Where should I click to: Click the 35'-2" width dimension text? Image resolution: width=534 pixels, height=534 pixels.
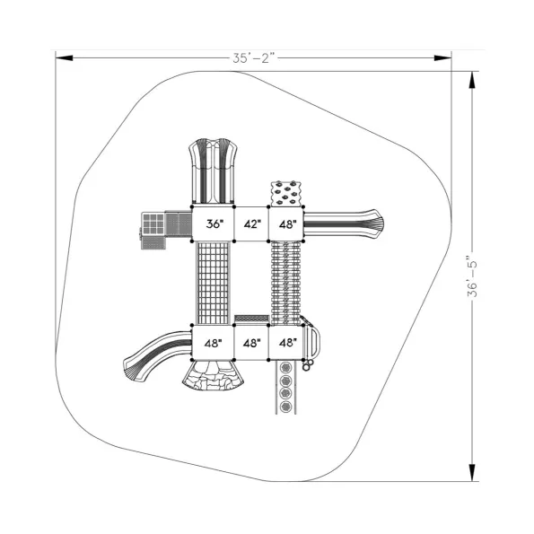click(x=254, y=58)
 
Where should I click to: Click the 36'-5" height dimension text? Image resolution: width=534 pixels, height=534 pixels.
click(x=472, y=276)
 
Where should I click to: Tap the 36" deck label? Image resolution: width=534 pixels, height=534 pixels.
click(x=214, y=224)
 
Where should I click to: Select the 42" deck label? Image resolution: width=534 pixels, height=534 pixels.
click(x=252, y=224)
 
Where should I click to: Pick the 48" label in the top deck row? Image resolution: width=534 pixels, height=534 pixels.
click(x=288, y=224)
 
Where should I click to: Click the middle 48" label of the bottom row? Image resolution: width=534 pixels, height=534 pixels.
click(x=252, y=343)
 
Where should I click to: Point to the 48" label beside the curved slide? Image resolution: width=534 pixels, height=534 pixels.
click(x=214, y=343)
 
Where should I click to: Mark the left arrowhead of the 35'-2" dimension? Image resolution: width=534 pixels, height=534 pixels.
click(x=64, y=58)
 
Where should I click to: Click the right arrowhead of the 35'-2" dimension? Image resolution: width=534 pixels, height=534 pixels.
click(x=442, y=58)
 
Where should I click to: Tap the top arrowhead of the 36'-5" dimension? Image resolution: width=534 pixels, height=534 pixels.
click(x=472, y=81)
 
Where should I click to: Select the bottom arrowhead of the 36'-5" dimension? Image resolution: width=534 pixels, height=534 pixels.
click(x=472, y=472)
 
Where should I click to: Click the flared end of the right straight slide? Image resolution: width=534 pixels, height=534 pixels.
click(x=374, y=223)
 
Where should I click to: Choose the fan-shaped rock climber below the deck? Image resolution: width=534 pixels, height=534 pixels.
click(x=214, y=375)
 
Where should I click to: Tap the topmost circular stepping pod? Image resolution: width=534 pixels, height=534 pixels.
click(x=285, y=367)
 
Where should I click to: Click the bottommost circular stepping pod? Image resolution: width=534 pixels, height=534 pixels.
click(x=285, y=407)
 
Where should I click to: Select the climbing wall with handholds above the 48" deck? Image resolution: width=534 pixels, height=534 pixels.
click(x=286, y=194)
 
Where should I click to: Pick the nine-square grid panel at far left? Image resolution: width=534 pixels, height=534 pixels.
click(x=153, y=223)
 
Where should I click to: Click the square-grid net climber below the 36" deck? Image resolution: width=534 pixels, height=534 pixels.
click(x=213, y=283)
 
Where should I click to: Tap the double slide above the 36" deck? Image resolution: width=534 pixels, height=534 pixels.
click(x=214, y=171)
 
